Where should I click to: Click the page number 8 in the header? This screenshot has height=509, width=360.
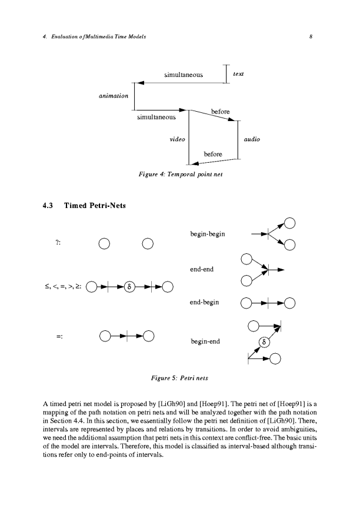pos(309,37)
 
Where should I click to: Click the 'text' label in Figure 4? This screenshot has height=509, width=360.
pos(239,73)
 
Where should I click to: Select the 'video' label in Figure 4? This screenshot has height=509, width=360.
pos(177,140)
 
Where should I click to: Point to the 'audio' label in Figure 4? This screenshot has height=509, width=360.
pos(251,140)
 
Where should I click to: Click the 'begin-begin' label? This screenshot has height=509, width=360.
pos(208,235)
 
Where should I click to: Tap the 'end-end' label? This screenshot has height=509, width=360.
pos(201,270)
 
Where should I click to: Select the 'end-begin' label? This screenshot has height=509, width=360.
pos(205,303)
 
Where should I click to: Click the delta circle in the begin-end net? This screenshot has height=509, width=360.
pos(264,341)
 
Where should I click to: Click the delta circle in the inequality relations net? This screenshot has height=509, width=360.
pos(131,287)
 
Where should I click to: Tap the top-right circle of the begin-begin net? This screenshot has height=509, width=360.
pos(290,223)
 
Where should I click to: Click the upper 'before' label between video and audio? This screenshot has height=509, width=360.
pos(220,112)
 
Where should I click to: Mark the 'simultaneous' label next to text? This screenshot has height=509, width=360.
pos(184,75)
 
